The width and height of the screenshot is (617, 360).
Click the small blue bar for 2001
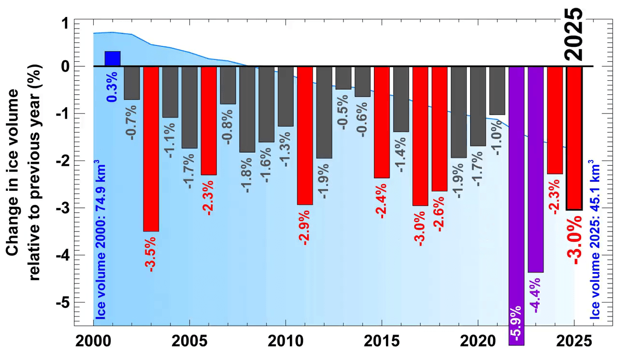(112, 58)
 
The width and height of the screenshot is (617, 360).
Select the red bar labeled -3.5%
(151, 149)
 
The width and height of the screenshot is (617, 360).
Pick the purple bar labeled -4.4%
(536, 169)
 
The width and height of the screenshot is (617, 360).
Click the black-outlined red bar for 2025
(574, 138)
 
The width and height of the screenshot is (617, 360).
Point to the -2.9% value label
(305, 226)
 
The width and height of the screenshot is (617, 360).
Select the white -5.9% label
(517, 324)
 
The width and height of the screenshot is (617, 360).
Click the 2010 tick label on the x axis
(285, 340)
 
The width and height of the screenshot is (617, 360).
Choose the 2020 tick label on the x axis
(478, 340)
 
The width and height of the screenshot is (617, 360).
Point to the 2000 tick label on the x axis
(93, 340)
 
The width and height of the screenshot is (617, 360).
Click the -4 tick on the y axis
(64, 255)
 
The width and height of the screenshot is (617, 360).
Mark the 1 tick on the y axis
(64, 23)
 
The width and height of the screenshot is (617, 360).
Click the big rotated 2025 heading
(574, 33)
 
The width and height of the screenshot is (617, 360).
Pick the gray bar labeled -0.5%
(344, 78)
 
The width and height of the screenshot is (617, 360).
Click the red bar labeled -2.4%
(382, 122)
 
